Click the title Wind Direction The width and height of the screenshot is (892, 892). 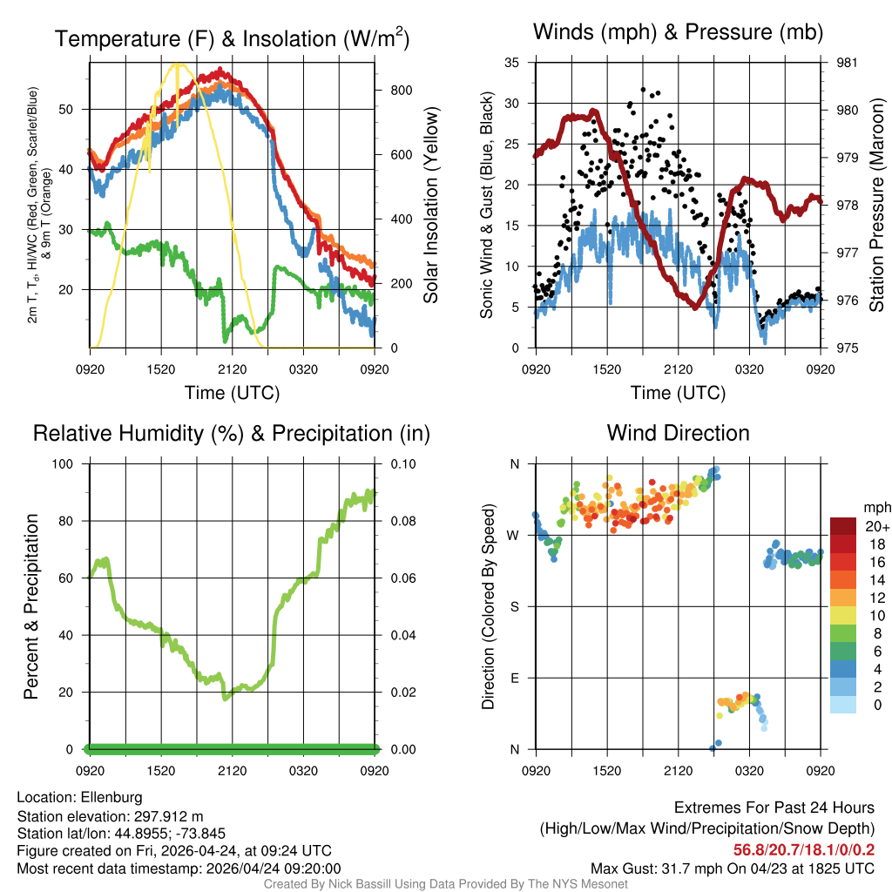(678, 433)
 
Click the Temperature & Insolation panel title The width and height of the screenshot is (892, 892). (232, 39)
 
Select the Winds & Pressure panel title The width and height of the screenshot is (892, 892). (678, 33)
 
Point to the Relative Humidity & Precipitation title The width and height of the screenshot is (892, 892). (232, 433)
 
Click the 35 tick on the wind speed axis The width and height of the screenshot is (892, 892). (512, 63)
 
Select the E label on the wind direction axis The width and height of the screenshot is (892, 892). (515, 678)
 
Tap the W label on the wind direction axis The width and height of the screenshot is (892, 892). (514, 535)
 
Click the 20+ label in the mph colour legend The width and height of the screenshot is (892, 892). (876, 526)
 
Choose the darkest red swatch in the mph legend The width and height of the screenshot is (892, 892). (843, 526)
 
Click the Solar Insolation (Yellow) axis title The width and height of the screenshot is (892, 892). (430, 206)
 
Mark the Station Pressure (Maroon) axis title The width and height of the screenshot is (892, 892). (876, 206)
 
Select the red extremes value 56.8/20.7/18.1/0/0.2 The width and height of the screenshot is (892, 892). (803, 849)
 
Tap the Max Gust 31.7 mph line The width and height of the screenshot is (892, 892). (733, 868)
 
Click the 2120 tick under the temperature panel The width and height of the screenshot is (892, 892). (232, 369)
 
